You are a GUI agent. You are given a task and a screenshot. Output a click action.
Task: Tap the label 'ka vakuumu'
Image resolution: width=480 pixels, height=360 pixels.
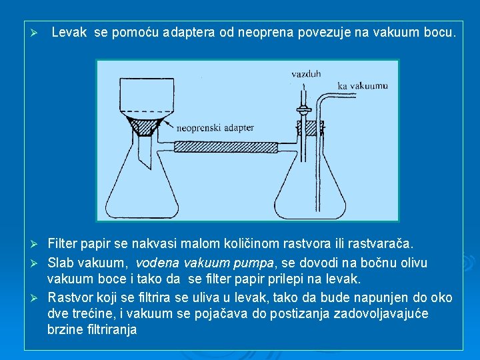363,85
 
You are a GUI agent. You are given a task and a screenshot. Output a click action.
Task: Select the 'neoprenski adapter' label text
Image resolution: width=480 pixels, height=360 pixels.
217,127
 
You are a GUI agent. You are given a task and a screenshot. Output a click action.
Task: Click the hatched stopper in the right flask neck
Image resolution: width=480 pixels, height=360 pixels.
310,127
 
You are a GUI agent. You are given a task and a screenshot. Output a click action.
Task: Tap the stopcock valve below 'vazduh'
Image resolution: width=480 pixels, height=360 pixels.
303,107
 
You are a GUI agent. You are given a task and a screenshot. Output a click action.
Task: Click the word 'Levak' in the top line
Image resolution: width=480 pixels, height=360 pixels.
69,31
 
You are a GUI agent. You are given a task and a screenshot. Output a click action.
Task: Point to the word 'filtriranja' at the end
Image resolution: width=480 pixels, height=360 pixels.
109,329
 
